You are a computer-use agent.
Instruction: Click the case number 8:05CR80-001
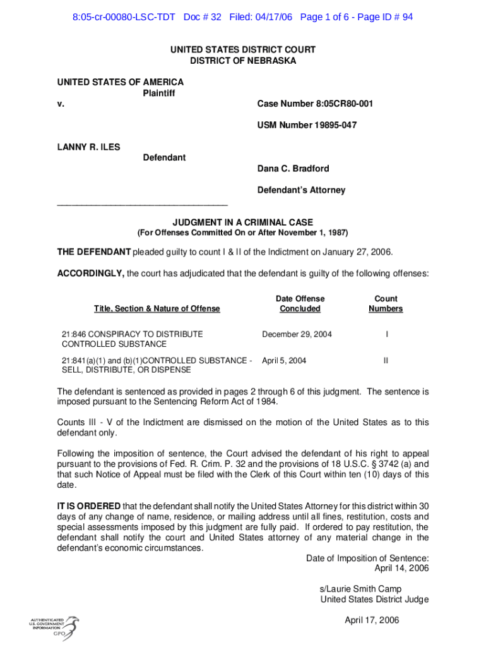(338, 104)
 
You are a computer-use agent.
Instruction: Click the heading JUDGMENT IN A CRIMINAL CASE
(243, 222)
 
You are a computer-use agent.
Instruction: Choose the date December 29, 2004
(297, 334)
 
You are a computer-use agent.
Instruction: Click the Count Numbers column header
(386, 303)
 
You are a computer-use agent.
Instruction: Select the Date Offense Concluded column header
(300, 303)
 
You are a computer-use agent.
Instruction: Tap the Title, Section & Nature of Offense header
(157, 308)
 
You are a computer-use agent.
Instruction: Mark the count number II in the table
(386, 361)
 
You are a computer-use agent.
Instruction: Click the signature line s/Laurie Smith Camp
(360, 589)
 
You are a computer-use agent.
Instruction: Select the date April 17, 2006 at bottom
(372, 620)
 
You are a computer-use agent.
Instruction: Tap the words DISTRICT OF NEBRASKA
(243, 61)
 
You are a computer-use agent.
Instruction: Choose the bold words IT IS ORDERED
(89, 506)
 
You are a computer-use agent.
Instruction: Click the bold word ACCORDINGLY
(90, 274)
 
